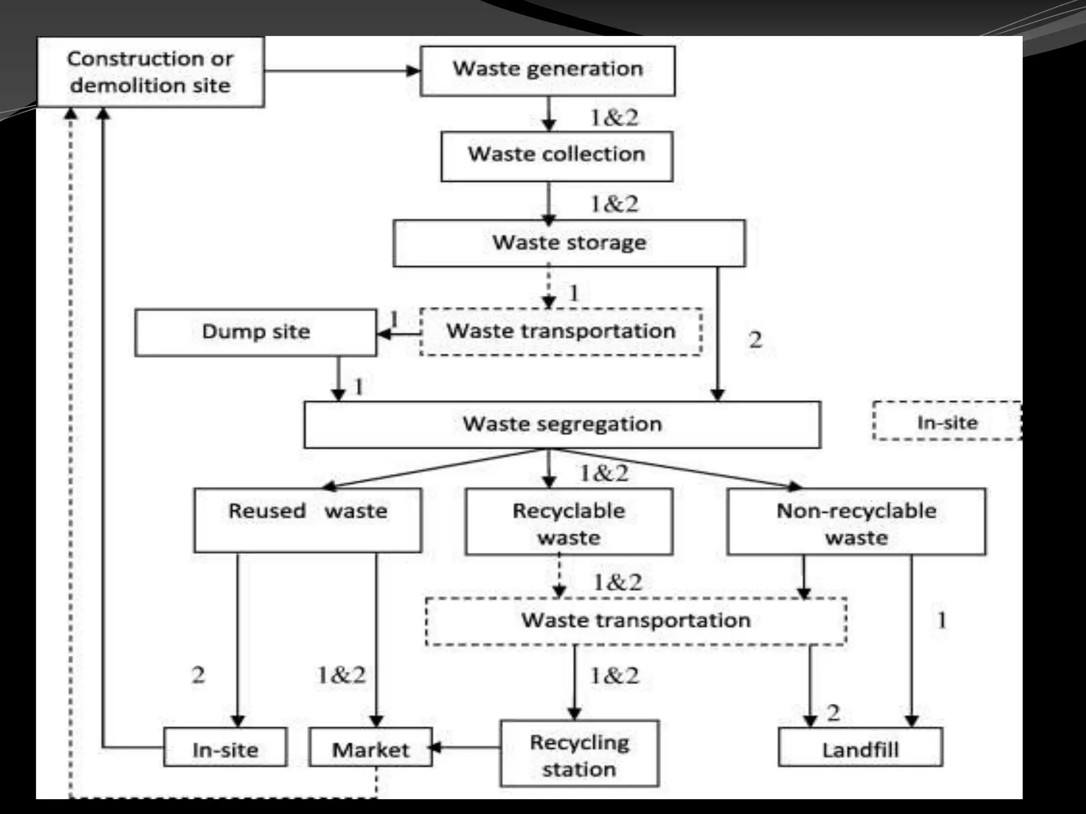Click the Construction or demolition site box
click(151, 72)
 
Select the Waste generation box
click(547, 71)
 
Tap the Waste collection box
click(557, 156)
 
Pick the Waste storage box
click(569, 243)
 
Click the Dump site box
click(256, 333)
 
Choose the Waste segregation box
click(562, 424)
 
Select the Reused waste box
click(308, 520)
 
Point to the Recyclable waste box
click(569, 522)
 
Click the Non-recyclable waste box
click(856, 522)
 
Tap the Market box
click(371, 747)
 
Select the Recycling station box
click(579, 753)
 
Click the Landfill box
click(860, 747)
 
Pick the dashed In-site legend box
click(947, 421)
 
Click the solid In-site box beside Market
click(225, 747)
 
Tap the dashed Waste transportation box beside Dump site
click(561, 332)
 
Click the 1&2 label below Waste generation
click(614, 118)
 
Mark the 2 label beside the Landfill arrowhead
click(833, 713)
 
